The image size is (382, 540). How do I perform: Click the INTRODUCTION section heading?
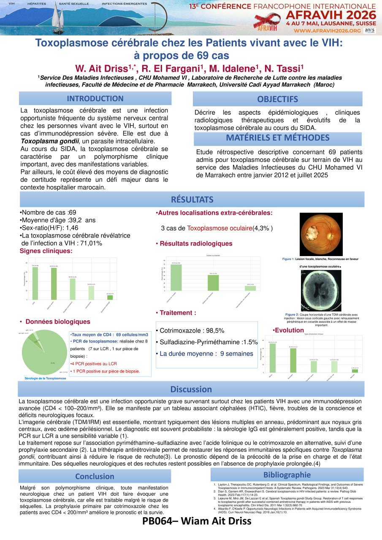pyautogui.click(x=95, y=99)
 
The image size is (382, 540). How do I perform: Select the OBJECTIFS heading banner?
pyautogui.click(x=277, y=100)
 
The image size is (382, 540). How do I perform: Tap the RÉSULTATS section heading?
pyautogui.click(x=192, y=199)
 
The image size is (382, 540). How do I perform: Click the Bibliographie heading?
pyautogui.click(x=287, y=475)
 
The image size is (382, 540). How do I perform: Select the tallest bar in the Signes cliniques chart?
pyautogui.click(x=35, y=283)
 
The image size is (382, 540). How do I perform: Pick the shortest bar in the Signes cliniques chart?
pyautogui.click(x=110, y=297)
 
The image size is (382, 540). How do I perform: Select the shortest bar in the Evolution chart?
pyautogui.click(x=355, y=371)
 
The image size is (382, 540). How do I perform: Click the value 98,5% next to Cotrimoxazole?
pyautogui.click(x=214, y=331)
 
